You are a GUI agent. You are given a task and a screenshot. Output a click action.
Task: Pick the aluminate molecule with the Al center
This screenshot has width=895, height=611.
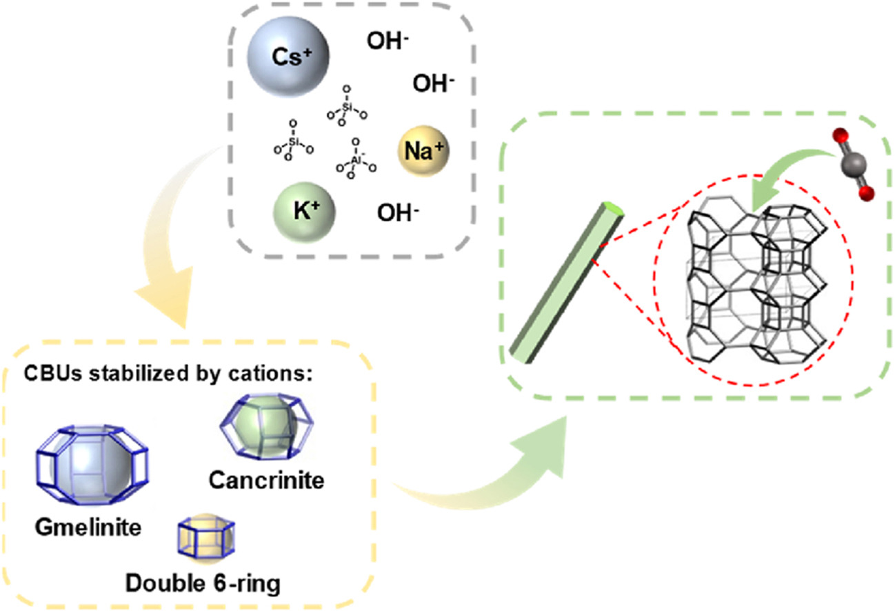click(356, 160)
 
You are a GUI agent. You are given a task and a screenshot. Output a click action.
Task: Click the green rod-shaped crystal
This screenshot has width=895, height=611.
click(567, 282)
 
